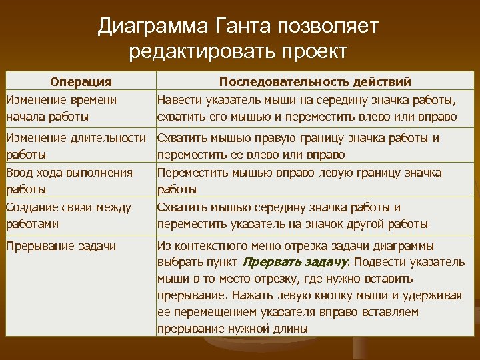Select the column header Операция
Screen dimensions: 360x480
tap(81, 82)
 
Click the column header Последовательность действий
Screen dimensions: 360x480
tap(315, 82)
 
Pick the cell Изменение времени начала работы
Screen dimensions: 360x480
tap(61, 108)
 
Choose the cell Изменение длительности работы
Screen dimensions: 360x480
tap(75, 146)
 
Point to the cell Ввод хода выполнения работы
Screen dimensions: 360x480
tap(69, 181)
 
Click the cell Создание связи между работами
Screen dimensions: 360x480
tap(68, 215)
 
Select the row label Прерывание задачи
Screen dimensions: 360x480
tap(61, 246)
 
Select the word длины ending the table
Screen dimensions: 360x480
tap(291, 328)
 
